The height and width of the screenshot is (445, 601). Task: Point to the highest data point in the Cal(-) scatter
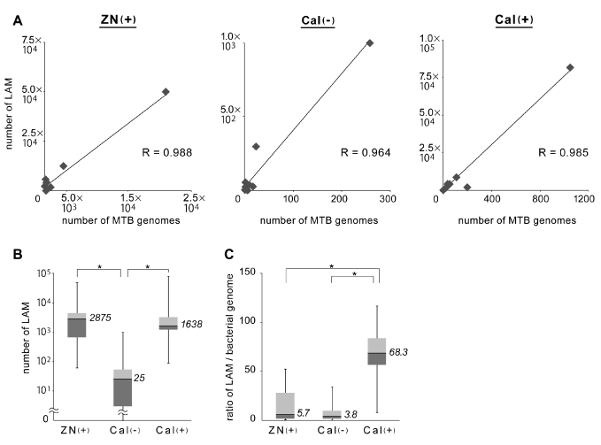click(370, 42)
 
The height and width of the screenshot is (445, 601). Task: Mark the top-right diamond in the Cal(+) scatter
click(570, 67)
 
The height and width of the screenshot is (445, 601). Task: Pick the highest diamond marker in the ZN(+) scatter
click(166, 92)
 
